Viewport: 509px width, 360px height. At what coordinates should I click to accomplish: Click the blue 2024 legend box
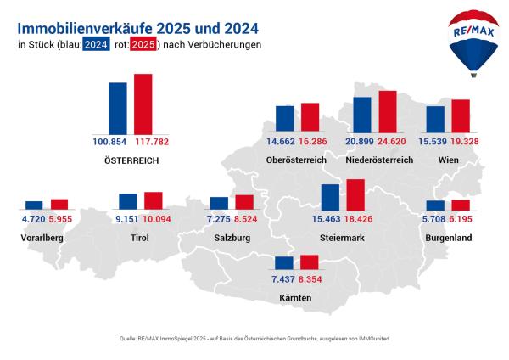(96, 44)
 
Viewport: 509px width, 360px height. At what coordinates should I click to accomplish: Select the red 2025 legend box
(144, 44)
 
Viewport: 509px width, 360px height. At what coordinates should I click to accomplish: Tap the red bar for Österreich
(143, 103)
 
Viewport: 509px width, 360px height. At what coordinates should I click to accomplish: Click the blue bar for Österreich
(117, 107)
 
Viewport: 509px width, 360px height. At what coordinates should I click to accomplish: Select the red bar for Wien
(461, 115)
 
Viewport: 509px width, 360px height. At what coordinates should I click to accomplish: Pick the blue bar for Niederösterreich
(362, 114)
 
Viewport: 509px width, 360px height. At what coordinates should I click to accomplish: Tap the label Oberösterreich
(294, 160)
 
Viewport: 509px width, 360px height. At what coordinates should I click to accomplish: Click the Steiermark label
(343, 238)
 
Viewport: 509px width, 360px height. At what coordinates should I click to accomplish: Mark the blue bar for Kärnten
(283, 263)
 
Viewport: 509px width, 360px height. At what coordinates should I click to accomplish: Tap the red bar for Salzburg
(244, 202)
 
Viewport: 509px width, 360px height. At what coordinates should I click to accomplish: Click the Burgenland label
(450, 238)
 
